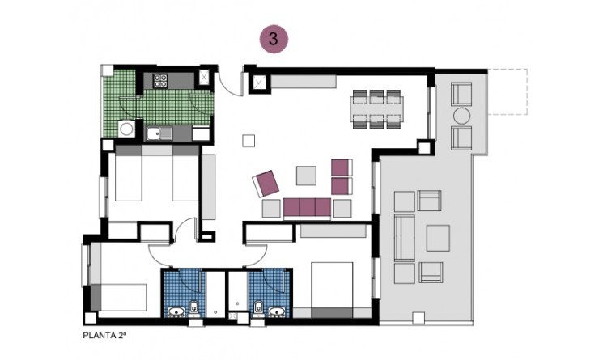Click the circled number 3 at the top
[x=273, y=38]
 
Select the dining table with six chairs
[x=376, y=108]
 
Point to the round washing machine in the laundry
[x=126, y=129]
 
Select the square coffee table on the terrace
[x=438, y=237]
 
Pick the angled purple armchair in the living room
[x=266, y=183]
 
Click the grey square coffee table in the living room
[x=308, y=176]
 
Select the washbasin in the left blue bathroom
[x=176, y=310]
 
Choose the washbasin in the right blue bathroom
[x=277, y=310]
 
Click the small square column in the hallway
[x=247, y=141]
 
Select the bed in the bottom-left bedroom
[x=121, y=297]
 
